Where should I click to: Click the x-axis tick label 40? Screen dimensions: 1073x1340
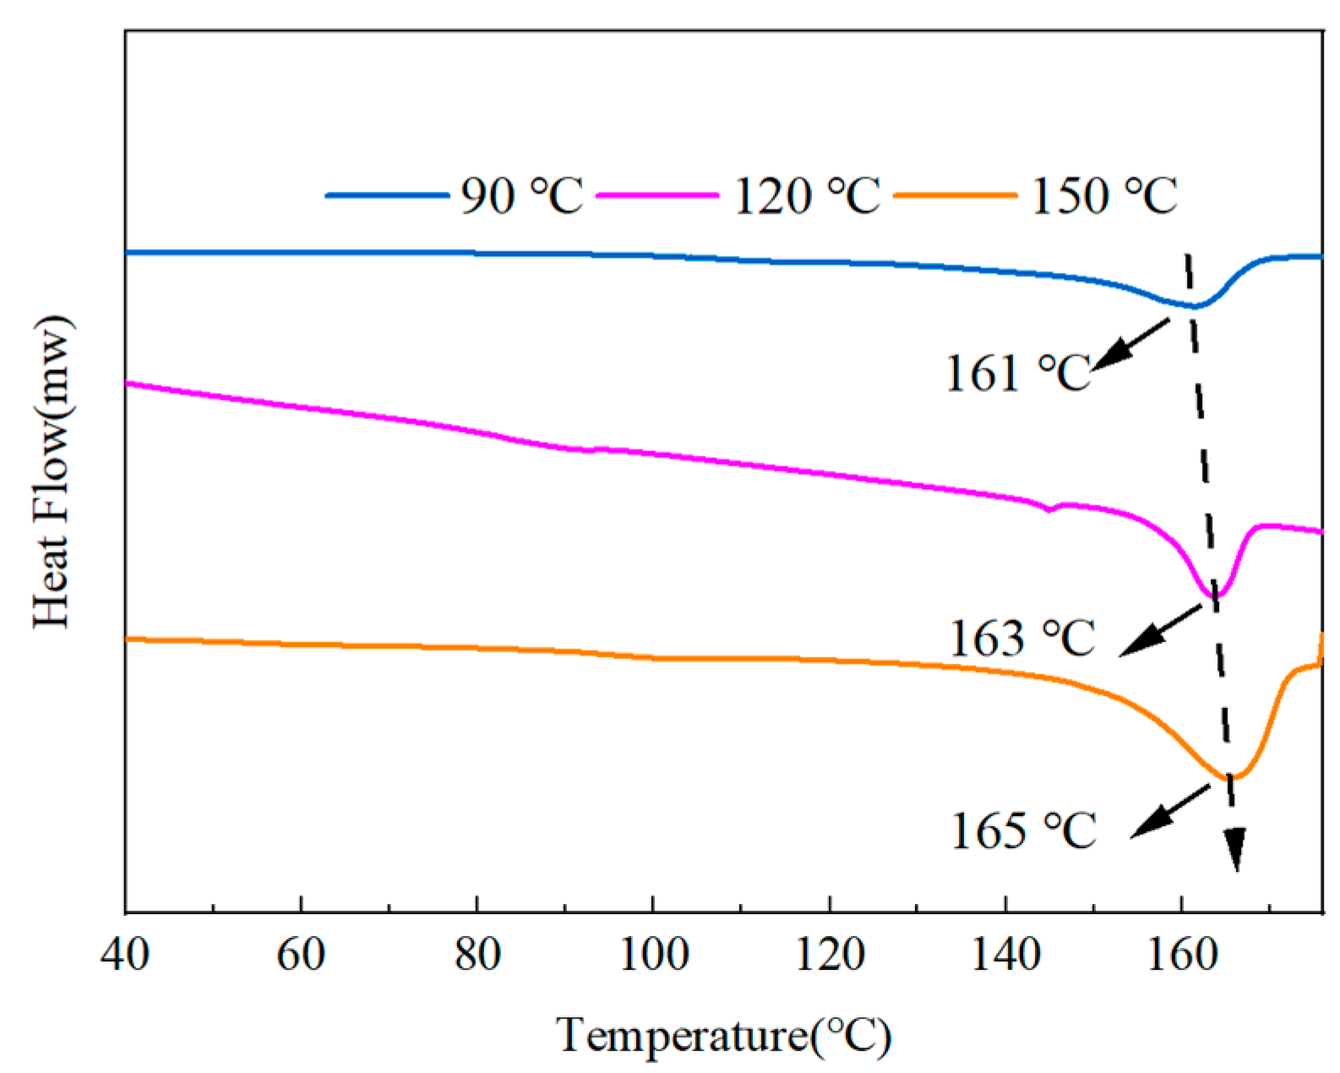[125, 956]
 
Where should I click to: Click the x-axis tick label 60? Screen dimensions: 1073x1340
[301, 956]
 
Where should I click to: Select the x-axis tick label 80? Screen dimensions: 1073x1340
[477, 956]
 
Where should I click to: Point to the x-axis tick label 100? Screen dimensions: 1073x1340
[653, 956]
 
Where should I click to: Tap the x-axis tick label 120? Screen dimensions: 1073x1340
[830, 956]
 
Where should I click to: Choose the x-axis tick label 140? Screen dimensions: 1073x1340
[1005, 956]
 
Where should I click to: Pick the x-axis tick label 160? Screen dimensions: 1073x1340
[1182, 956]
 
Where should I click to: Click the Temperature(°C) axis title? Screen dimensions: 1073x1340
[723, 1035]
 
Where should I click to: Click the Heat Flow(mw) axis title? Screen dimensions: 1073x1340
[52, 471]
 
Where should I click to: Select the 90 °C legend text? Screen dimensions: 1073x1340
[521, 196]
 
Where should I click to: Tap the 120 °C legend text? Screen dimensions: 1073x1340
[807, 196]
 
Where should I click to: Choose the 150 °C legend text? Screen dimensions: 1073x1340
[1103, 196]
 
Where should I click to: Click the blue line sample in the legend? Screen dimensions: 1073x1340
[387, 195]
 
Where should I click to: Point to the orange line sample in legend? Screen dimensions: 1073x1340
[955, 195]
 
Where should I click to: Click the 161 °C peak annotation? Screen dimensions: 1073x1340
[1018, 373]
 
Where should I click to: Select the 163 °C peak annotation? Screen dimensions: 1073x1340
[1022, 638]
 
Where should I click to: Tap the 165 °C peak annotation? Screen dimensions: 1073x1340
[1023, 831]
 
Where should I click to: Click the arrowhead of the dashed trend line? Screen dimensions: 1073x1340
[1235, 849]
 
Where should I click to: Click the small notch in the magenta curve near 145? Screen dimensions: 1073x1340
[1050, 509]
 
